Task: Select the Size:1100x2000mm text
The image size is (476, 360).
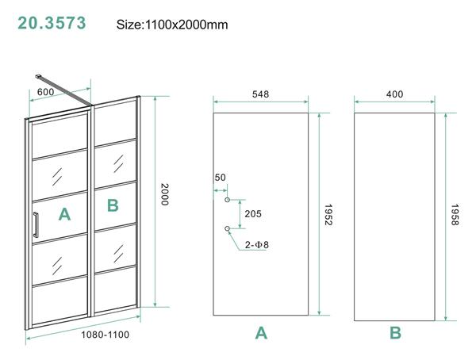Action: (x=172, y=25)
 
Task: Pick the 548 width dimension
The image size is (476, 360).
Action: (x=260, y=94)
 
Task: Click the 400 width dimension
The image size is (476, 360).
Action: (x=393, y=94)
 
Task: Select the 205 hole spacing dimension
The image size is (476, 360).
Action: (x=253, y=214)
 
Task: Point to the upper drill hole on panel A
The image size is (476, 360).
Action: (x=228, y=201)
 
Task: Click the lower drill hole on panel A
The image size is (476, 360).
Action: (x=228, y=228)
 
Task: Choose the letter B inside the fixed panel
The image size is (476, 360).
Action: (x=113, y=206)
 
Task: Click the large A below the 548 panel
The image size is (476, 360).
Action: (x=261, y=333)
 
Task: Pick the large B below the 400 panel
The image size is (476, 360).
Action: (x=395, y=333)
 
